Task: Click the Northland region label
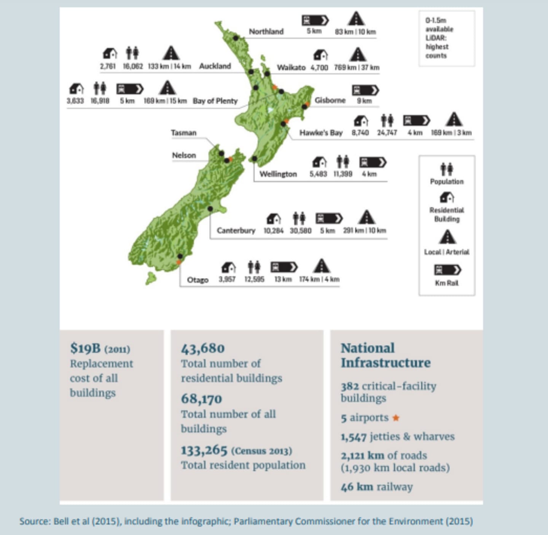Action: tap(266, 32)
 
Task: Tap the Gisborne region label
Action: tap(330, 100)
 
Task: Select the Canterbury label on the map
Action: tap(236, 230)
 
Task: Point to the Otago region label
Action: tap(198, 280)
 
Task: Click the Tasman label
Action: tap(183, 133)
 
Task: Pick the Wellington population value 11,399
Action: tap(343, 174)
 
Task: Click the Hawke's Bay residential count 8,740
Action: tap(360, 133)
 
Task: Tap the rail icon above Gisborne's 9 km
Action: tap(365, 90)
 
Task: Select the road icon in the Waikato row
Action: tap(358, 54)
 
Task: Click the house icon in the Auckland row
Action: tap(110, 53)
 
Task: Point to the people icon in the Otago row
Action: tap(254, 267)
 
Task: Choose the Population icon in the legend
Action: tap(447, 168)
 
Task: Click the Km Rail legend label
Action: tap(447, 283)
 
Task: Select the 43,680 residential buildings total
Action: tap(203, 348)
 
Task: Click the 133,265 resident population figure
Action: tap(204, 450)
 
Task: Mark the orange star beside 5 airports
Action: tap(396, 418)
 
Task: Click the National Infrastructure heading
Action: tap(385, 355)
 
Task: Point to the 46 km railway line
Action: tap(377, 487)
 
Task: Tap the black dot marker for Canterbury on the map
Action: tap(210, 209)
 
